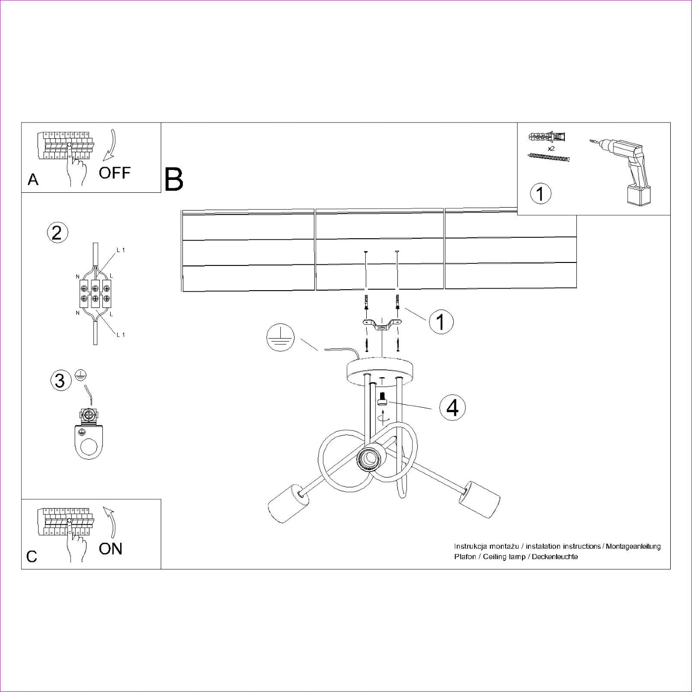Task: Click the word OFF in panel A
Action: click(114, 173)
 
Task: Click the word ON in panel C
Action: click(110, 549)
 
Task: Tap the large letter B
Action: click(173, 179)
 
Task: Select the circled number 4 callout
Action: click(452, 408)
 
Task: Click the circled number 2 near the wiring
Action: click(57, 232)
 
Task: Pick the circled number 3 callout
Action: click(60, 381)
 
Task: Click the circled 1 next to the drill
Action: click(540, 193)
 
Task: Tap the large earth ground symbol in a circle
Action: click(280, 339)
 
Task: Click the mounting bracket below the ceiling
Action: click(382, 325)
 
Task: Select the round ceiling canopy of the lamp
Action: click(382, 370)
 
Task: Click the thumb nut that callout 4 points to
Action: click(382, 399)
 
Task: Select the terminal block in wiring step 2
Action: click(95, 294)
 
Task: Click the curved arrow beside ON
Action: click(111, 521)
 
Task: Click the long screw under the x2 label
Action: click(549, 158)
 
